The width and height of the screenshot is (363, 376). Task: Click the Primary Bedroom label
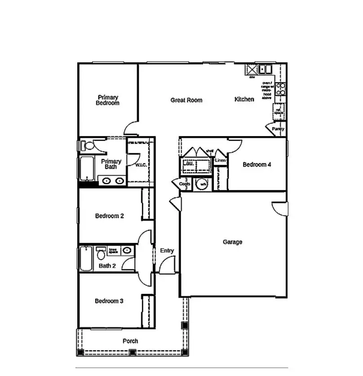(108, 100)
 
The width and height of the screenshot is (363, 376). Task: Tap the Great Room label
(186, 100)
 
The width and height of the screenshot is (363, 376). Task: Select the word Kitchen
(244, 99)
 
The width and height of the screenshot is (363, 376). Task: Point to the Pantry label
(278, 129)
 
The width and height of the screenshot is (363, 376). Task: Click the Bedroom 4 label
(257, 165)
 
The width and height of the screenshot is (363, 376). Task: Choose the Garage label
(232, 242)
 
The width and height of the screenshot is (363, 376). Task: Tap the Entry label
(167, 251)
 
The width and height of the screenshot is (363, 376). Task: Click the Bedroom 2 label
(110, 216)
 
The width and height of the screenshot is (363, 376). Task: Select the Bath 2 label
(107, 266)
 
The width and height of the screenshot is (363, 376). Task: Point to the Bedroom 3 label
(109, 301)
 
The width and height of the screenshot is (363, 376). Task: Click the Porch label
(130, 341)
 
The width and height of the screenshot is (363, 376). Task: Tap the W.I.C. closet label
(141, 165)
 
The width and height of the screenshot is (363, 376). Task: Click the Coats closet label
(185, 184)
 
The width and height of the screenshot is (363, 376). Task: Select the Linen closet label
(220, 160)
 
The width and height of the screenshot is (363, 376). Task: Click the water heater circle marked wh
(203, 184)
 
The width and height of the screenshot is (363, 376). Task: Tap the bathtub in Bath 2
(85, 259)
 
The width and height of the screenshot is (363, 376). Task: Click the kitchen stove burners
(280, 88)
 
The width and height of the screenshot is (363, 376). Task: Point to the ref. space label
(279, 111)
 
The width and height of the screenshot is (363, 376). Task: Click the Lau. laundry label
(189, 164)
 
